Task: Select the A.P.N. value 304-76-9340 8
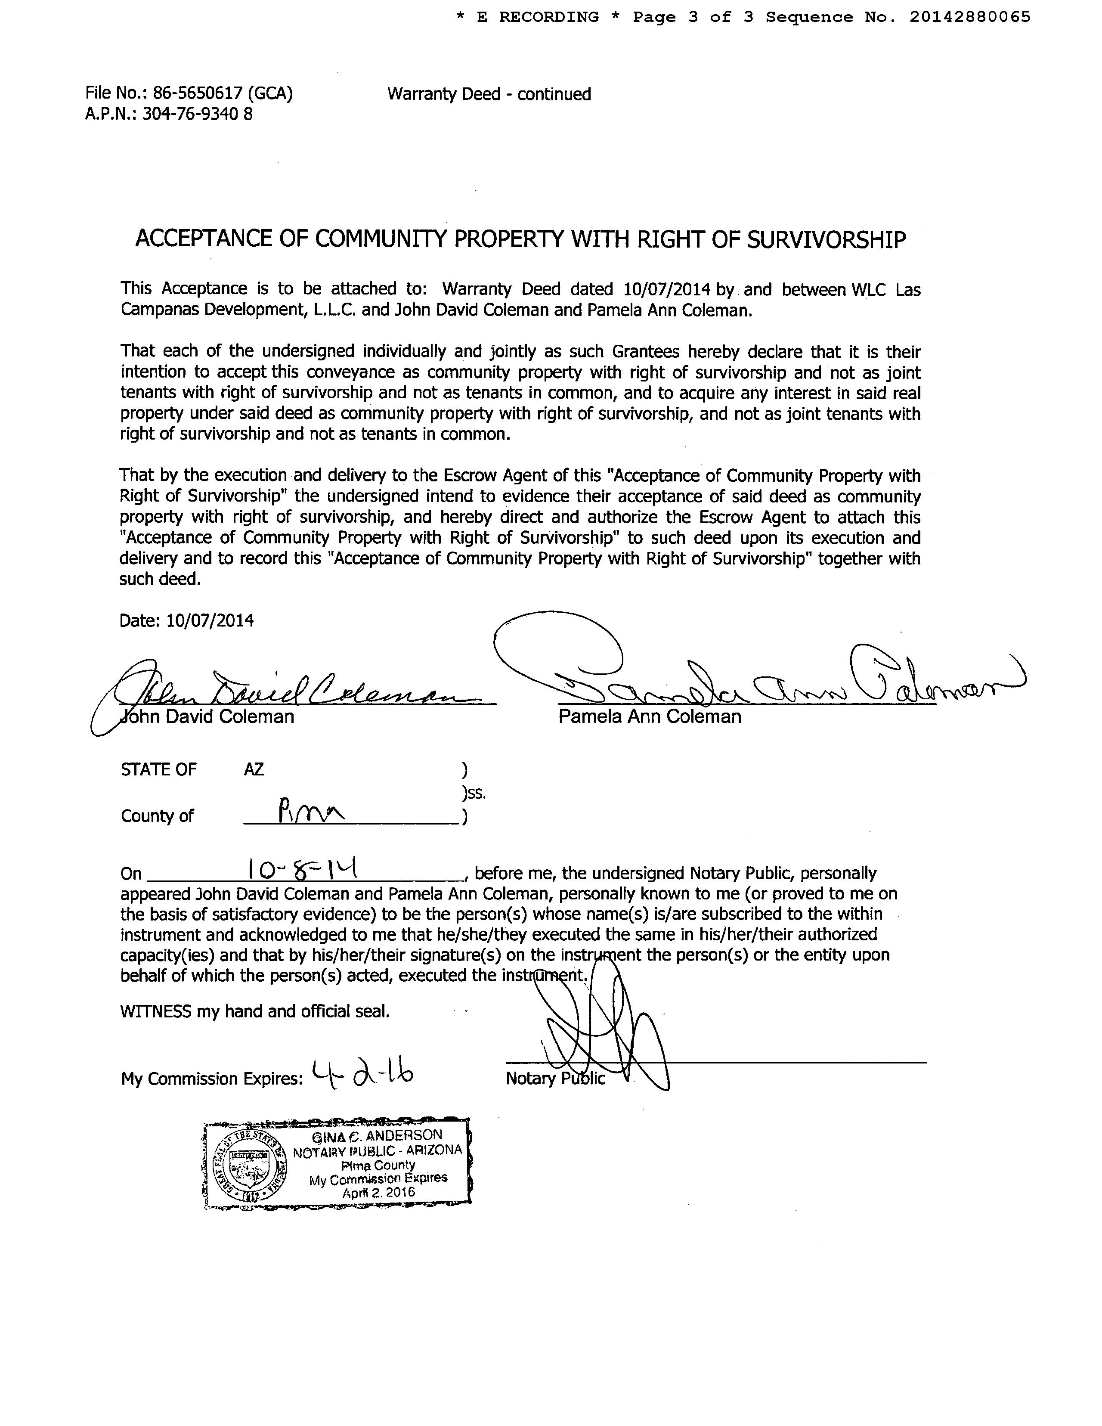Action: coord(197,114)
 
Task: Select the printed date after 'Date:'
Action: coord(210,620)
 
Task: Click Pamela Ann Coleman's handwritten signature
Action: coord(751,679)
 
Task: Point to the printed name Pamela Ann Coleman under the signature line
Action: coord(650,717)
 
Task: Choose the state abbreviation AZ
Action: coord(254,770)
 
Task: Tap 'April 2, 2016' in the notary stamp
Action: coord(379,1192)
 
